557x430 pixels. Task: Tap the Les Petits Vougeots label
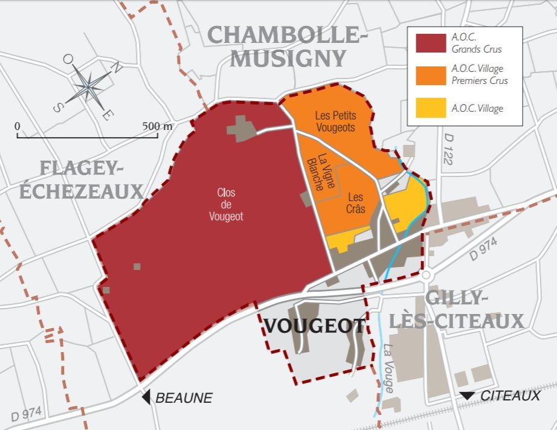point(335,121)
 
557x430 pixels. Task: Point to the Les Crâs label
point(355,203)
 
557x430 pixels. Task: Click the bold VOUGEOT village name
point(315,326)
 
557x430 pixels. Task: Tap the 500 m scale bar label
point(158,126)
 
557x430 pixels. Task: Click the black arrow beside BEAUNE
point(146,397)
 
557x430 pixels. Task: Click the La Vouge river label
point(388,368)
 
